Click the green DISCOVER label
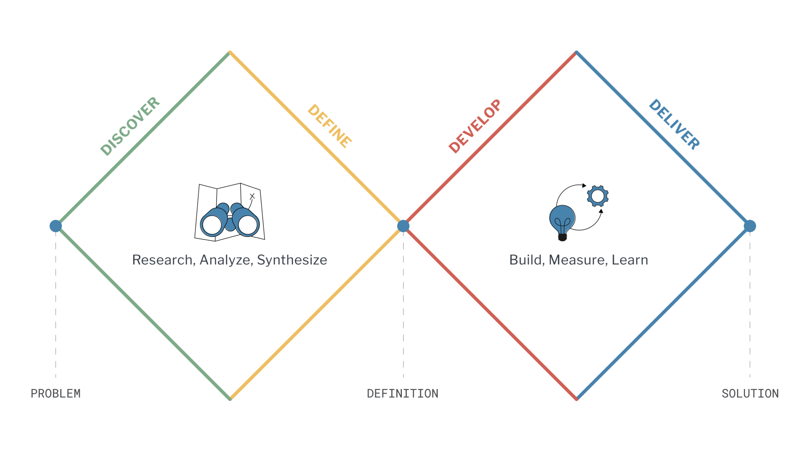coord(130,126)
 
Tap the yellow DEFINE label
coord(329,127)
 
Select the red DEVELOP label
coord(475,126)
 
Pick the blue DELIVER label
coord(674,125)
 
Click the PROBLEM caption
coord(56,394)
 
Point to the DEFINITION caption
coord(403,394)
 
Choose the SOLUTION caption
coord(750,394)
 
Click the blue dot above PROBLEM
coord(56,226)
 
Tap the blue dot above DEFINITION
coord(403,226)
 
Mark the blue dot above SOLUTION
coord(750,226)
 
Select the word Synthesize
coord(292,260)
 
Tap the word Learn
coord(630,260)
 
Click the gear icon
coord(598,196)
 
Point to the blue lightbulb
coord(562,220)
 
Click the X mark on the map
coord(252,197)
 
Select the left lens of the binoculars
coord(212,225)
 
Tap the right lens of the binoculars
coord(247,225)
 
